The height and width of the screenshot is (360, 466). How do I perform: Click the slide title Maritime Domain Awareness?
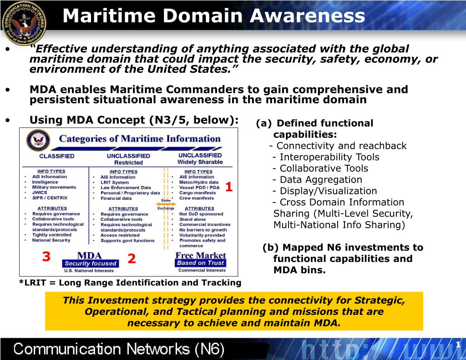click(x=213, y=16)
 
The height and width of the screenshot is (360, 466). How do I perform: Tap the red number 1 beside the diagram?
click(x=229, y=187)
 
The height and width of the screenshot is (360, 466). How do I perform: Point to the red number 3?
click(x=46, y=257)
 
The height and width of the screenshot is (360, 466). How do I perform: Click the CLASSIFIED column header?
click(x=56, y=156)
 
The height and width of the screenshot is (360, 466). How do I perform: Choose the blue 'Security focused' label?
click(x=91, y=264)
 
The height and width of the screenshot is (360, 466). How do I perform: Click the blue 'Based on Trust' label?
click(x=200, y=263)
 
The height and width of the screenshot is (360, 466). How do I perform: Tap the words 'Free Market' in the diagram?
click(x=200, y=255)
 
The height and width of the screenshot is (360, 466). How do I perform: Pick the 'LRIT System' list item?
click(x=114, y=183)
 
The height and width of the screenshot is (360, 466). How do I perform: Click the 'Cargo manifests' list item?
click(x=197, y=193)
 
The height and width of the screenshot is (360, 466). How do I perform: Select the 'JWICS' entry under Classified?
click(x=40, y=193)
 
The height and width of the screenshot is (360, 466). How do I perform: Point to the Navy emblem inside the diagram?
click(x=38, y=140)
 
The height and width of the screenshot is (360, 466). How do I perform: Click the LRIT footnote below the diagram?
click(x=130, y=283)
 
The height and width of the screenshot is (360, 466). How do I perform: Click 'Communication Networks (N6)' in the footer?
click(x=119, y=350)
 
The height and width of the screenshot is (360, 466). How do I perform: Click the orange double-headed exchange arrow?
click(x=166, y=204)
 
